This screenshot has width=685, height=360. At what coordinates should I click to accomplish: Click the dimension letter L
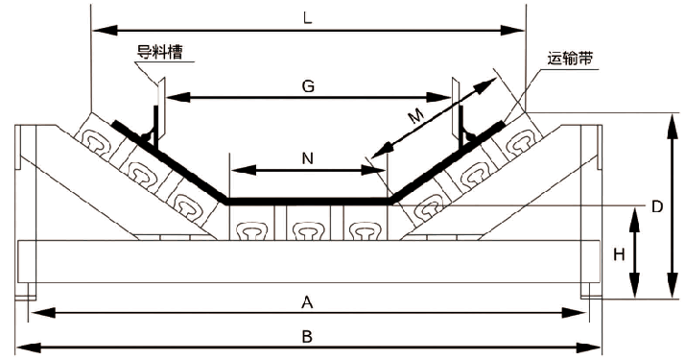[308, 17]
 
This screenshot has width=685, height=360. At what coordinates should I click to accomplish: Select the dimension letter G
[308, 86]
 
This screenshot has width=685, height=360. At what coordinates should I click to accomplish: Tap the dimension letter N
[308, 158]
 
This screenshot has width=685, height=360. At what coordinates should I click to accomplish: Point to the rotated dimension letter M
[417, 116]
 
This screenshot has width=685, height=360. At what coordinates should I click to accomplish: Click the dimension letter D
[657, 205]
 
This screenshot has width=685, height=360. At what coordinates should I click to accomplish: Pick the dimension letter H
[619, 254]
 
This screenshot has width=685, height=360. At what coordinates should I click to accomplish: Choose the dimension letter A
[308, 301]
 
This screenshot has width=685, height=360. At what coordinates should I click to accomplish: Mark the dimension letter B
[308, 337]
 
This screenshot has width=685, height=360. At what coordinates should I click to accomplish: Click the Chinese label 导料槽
[159, 52]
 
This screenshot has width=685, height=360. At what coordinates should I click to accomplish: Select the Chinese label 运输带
[570, 59]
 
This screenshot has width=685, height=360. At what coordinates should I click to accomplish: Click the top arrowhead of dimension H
[634, 220]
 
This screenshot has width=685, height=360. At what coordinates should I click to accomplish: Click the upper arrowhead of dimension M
[486, 84]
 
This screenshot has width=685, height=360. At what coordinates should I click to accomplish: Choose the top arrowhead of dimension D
[672, 126]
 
